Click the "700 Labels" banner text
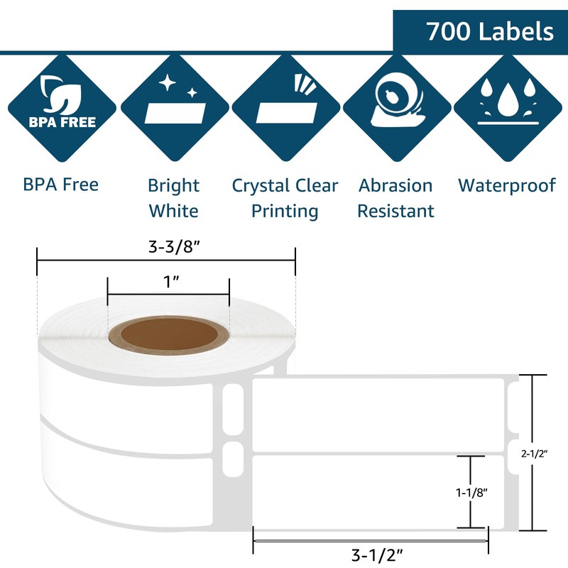coord(490,31)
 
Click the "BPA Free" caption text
coord(60,185)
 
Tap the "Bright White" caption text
coord(173,198)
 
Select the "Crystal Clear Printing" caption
coord(285,198)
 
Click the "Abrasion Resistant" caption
coord(395,198)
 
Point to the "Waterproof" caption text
coord(506,185)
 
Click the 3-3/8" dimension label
coord(165,248)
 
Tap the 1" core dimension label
coord(168,283)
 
